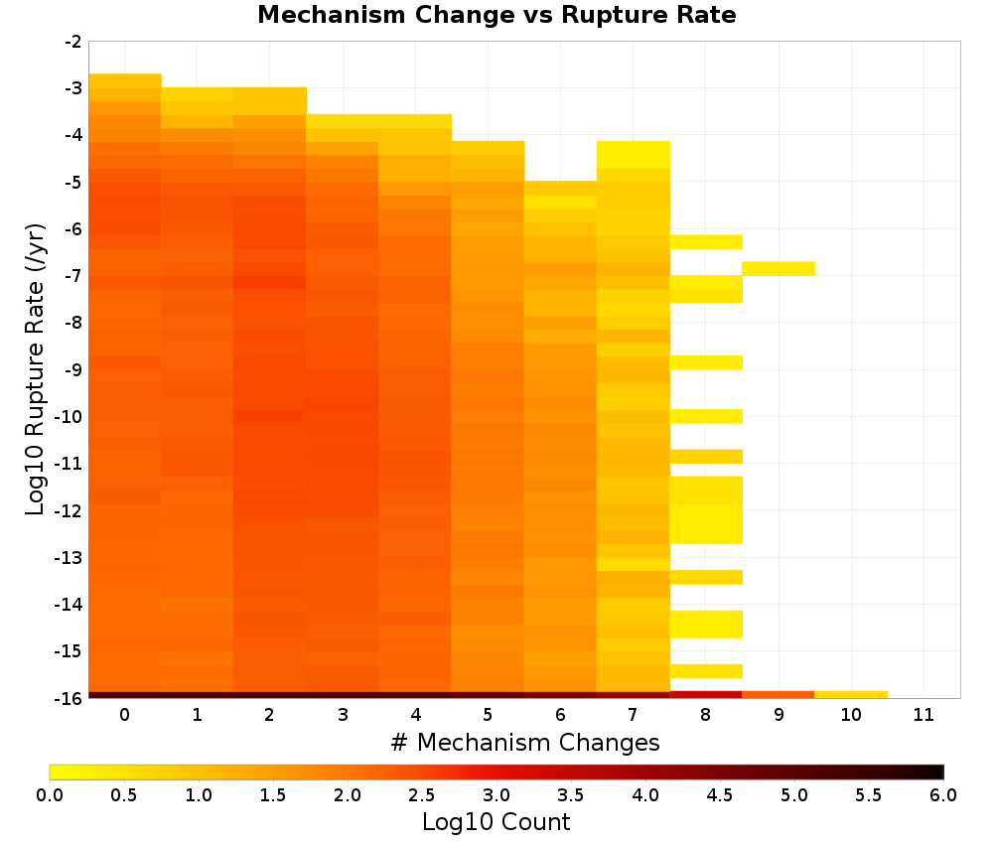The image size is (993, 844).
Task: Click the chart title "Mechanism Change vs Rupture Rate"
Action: [x=496, y=15]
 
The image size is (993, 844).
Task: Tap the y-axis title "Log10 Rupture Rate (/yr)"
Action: [x=36, y=369]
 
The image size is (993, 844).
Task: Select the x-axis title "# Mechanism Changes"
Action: [x=525, y=742]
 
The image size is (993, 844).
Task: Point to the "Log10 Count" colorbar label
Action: [x=496, y=822]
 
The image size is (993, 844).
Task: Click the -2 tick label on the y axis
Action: [x=72, y=42]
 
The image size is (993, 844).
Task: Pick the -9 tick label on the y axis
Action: [x=72, y=369]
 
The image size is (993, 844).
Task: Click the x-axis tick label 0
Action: [x=125, y=715]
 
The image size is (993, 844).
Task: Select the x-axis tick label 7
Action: [x=633, y=715]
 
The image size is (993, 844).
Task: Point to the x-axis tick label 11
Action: [x=923, y=715]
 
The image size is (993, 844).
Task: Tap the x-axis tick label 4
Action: [x=415, y=715]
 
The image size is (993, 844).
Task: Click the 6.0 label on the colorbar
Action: [x=943, y=795]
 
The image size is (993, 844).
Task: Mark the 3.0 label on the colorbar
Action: [x=496, y=795]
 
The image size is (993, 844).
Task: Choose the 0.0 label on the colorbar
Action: [x=50, y=795]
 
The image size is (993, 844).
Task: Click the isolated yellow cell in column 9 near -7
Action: [x=779, y=268]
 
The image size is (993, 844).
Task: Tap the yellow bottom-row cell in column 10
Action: [x=851, y=695]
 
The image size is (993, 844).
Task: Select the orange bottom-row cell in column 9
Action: [x=779, y=695]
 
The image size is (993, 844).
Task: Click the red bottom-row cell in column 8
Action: [x=705, y=695]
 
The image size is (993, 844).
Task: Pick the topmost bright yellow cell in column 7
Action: [x=634, y=155]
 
